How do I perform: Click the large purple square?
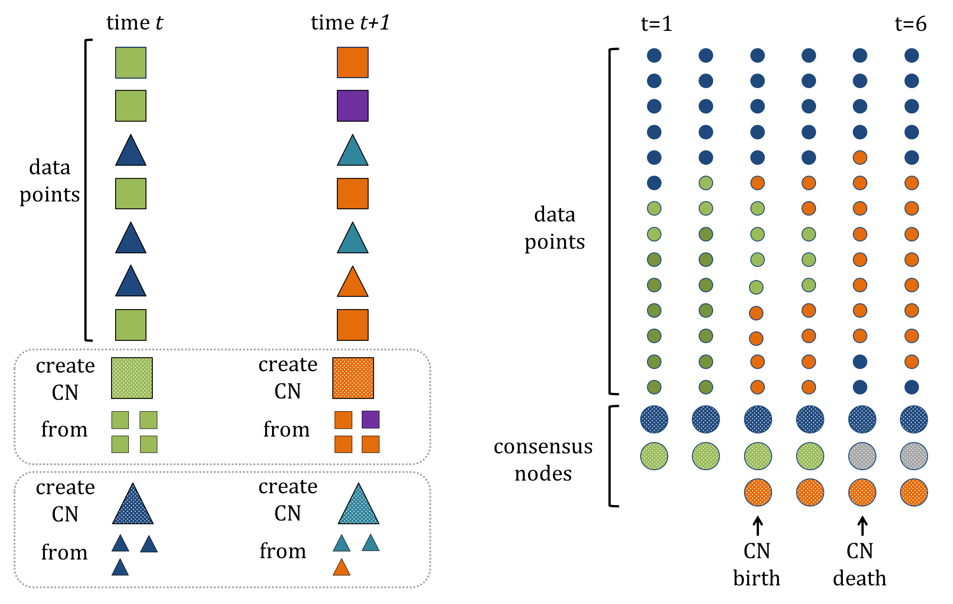(x=352, y=106)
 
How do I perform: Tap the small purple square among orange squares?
(x=370, y=420)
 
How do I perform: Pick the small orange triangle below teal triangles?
(x=341, y=568)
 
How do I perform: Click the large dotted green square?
(x=132, y=378)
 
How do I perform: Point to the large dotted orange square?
(x=353, y=378)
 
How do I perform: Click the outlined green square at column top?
(x=131, y=63)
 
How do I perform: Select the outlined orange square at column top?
(x=352, y=63)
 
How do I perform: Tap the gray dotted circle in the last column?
(x=914, y=456)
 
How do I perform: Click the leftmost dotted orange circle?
(x=758, y=492)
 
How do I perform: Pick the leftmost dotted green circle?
(x=654, y=456)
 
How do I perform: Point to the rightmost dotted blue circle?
(x=914, y=419)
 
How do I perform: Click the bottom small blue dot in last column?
(x=911, y=387)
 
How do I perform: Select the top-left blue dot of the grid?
(x=654, y=55)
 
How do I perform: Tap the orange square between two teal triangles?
(x=352, y=194)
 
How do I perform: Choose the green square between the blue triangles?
(x=131, y=194)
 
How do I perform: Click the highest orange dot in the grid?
(x=860, y=157)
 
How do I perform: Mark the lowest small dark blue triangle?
(x=120, y=568)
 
